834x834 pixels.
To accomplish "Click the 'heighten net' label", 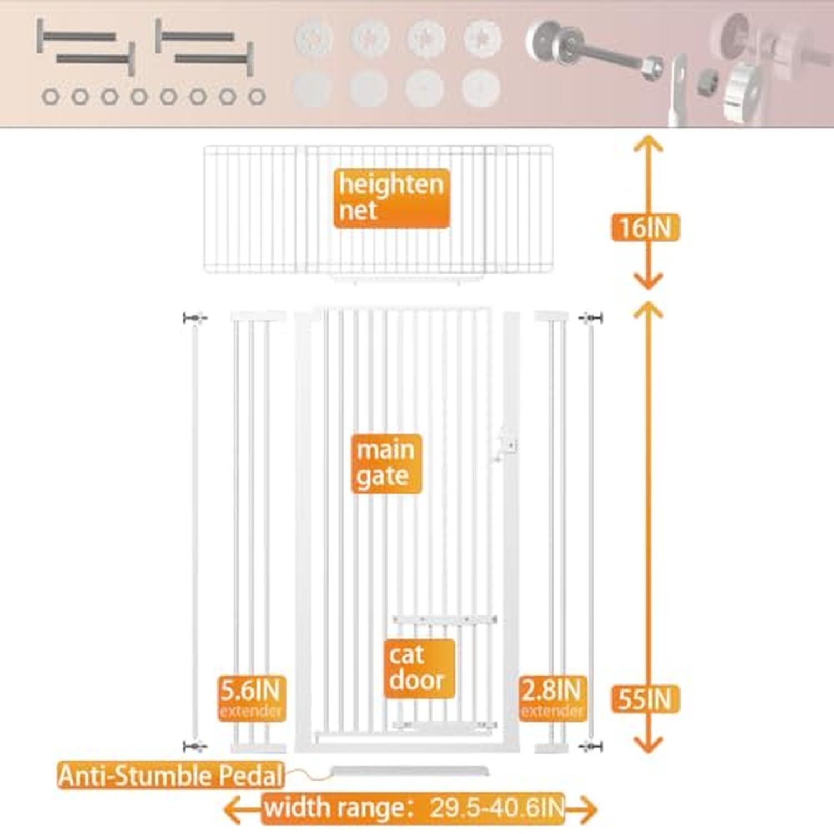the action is (x=391, y=198).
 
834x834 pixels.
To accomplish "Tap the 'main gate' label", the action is (x=386, y=463).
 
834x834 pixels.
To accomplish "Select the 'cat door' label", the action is (x=419, y=668).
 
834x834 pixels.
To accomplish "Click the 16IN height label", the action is (x=645, y=227).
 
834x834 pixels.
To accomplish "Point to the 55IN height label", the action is (x=645, y=699).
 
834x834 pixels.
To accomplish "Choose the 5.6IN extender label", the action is (x=251, y=698).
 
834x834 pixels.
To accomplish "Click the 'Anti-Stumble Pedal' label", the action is (x=171, y=776).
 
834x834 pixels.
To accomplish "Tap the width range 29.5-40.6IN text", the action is (x=414, y=808).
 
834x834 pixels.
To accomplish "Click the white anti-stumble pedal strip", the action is (x=410, y=771).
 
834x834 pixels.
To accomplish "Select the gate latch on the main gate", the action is (x=505, y=445).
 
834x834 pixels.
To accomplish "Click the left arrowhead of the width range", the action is (x=232, y=809).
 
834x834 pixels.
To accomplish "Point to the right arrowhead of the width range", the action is (x=587, y=809).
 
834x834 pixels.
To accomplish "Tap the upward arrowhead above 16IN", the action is (x=648, y=145).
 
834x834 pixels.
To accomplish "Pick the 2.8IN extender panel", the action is (x=552, y=532).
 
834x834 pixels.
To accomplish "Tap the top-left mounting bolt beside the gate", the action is (x=195, y=318).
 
